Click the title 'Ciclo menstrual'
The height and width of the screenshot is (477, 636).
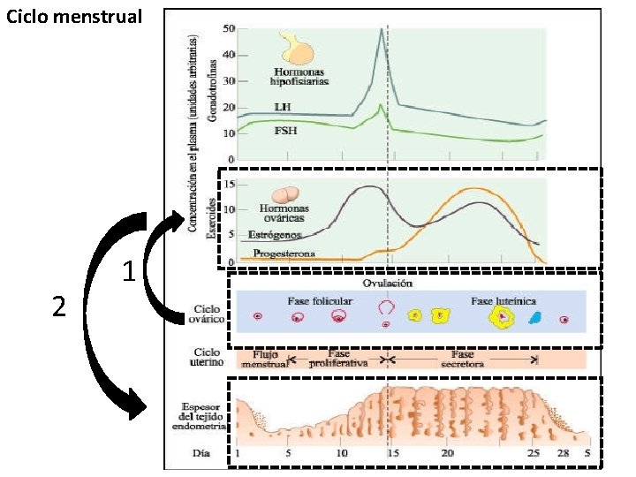click(73, 17)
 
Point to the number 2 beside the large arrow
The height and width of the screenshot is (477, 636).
click(59, 307)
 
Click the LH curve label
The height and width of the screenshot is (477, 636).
click(284, 108)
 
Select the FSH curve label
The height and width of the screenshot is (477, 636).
click(285, 131)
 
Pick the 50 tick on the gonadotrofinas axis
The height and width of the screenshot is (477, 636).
click(228, 29)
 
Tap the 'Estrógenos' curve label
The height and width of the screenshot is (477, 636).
click(275, 236)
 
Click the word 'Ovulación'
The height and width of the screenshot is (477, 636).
click(389, 284)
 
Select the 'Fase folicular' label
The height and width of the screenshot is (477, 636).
click(320, 301)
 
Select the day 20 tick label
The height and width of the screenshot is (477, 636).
click(448, 452)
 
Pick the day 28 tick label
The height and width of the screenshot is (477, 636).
click(564, 452)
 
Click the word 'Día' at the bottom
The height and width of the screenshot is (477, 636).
click(202, 452)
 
